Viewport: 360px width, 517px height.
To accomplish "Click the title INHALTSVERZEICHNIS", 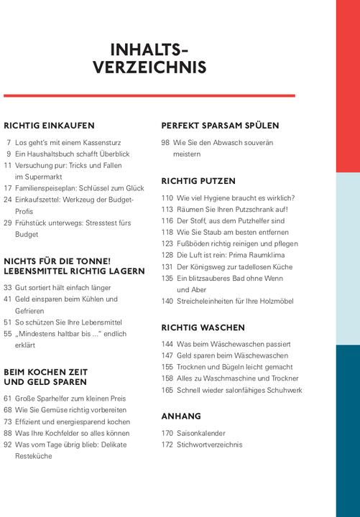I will (149, 59).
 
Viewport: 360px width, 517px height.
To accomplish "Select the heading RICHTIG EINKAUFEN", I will (49, 125).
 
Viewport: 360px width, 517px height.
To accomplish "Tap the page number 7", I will (9, 143).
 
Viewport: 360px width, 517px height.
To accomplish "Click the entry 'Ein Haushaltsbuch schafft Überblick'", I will (72, 154).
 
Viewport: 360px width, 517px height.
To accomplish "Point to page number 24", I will (8, 200).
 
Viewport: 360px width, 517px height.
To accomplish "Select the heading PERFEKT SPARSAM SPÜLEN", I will (220, 125).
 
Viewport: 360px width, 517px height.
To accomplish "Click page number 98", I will (165, 143).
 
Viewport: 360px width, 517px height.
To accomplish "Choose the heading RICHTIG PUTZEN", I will (198, 181).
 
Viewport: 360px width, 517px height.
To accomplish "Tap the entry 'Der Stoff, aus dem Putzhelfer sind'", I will (231, 221).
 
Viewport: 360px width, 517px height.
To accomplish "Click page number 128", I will (167, 255).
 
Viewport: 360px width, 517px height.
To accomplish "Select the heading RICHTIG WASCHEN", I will (203, 327).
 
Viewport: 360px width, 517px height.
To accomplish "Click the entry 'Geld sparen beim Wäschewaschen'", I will (232, 355).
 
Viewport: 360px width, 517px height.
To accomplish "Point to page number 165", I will (167, 390).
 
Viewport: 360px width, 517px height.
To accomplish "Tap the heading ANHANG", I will (181, 416).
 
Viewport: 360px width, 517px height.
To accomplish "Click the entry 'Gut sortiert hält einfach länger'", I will (63, 288).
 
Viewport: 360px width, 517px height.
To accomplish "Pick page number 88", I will (8, 433).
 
